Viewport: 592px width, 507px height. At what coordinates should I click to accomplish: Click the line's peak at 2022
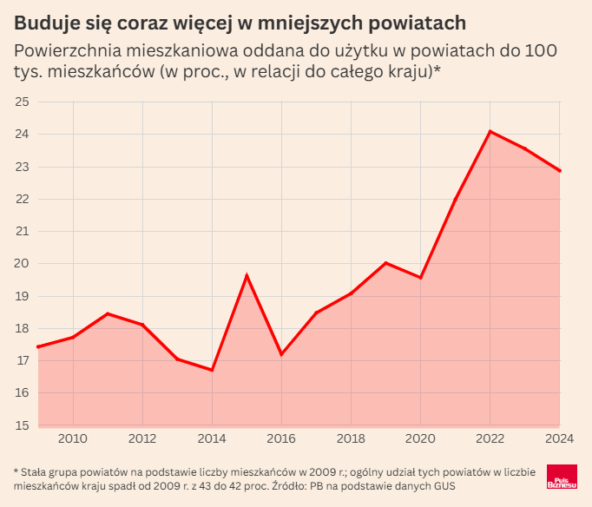(x=490, y=131)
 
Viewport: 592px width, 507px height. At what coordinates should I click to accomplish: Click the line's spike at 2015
(x=247, y=275)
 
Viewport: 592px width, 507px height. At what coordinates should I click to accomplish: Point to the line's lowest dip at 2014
(x=212, y=371)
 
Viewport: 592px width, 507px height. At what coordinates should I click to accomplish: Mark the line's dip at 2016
(x=281, y=354)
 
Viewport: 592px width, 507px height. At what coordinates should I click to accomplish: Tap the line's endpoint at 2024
(x=560, y=171)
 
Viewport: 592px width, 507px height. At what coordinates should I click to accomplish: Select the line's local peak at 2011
(x=108, y=313)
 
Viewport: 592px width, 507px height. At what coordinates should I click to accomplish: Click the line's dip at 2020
(x=421, y=278)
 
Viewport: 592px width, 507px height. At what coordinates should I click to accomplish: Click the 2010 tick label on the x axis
(x=73, y=438)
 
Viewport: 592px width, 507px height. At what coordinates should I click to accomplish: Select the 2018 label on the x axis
(x=351, y=438)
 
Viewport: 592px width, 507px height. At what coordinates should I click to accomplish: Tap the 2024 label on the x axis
(x=558, y=438)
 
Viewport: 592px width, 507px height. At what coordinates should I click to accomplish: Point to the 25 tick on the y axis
(x=22, y=102)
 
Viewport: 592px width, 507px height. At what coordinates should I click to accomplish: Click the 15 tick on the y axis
(x=22, y=425)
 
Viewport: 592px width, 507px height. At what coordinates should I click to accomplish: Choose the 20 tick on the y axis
(x=22, y=264)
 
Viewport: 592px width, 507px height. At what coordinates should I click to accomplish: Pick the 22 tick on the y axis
(x=22, y=199)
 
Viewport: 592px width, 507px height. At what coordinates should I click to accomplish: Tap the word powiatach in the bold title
(x=418, y=21)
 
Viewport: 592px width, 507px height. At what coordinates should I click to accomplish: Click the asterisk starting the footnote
(x=16, y=471)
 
